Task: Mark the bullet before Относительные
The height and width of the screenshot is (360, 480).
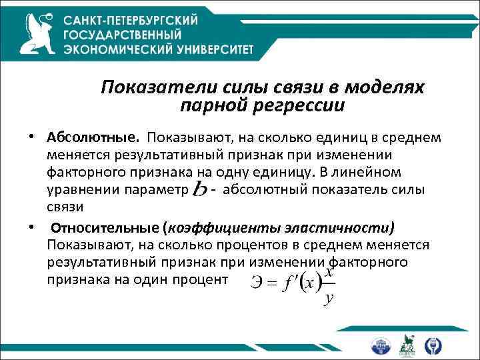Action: pos(31,225)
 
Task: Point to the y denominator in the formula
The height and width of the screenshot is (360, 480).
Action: pos(328,299)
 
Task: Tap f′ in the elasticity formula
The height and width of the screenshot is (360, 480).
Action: pos(289,283)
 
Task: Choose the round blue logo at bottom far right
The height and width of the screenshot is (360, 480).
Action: pos(433,345)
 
